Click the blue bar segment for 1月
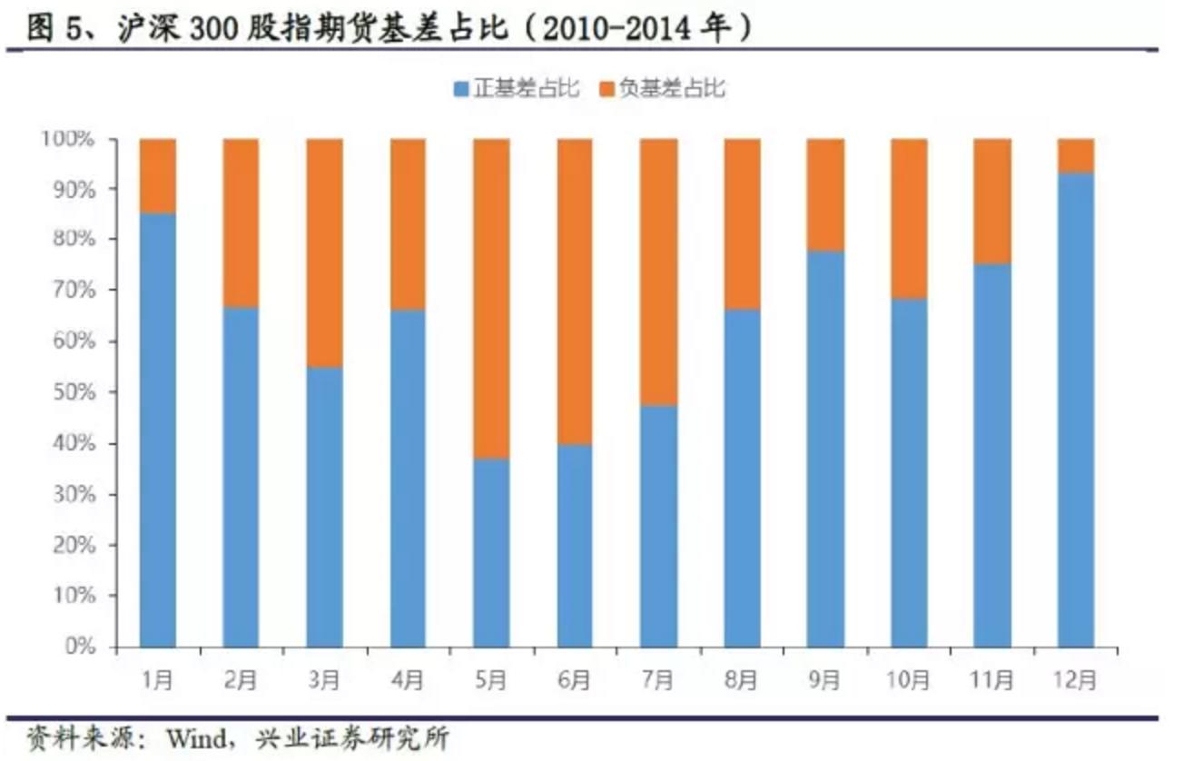(157, 430)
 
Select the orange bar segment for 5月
(491, 299)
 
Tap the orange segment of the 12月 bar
(1076, 156)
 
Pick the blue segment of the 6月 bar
(575, 546)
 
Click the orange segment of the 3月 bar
(324, 253)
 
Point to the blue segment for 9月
(825, 450)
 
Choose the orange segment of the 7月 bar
(658, 272)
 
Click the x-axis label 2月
(241, 678)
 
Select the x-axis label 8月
(742, 678)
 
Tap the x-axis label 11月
(992, 678)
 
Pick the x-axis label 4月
(408, 678)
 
